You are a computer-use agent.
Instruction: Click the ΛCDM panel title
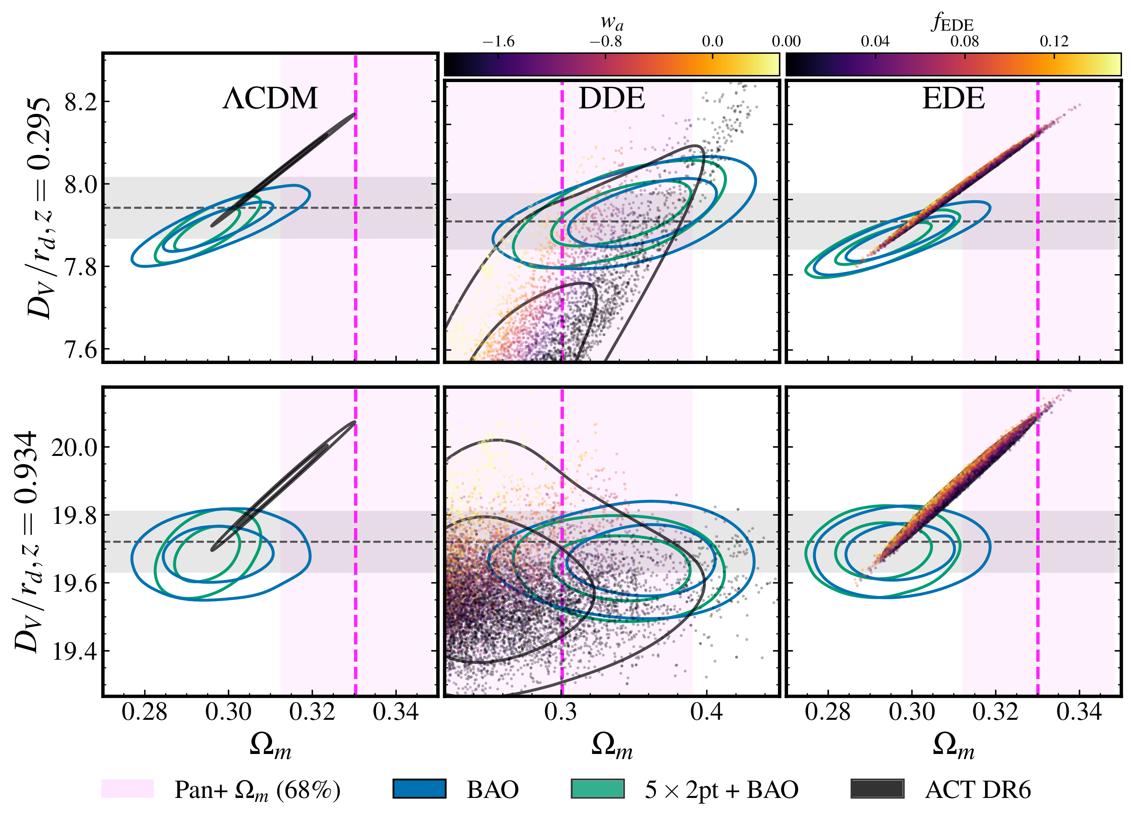pos(270,98)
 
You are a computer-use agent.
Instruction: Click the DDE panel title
pos(611,98)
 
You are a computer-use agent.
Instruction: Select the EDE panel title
pos(953,98)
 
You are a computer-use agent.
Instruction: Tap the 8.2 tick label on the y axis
pos(80,102)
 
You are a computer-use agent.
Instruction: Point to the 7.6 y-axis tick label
pos(80,349)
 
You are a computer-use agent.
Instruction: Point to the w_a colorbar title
pos(611,22)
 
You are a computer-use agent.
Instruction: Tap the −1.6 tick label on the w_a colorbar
pos(498,42)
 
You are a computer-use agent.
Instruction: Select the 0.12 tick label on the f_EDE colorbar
pos(1053,42)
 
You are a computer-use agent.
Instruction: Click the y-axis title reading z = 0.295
pos(39,208)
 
